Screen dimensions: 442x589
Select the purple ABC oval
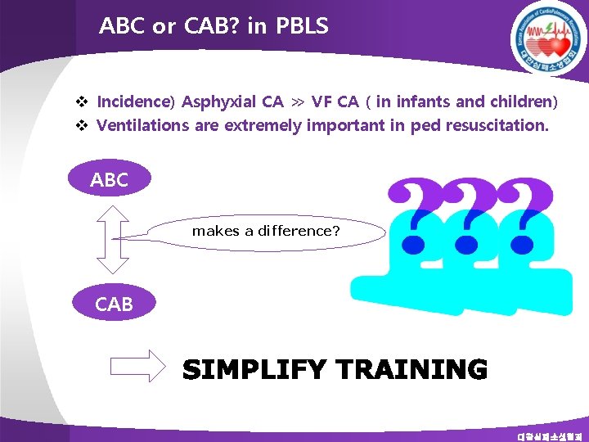click(110, 180)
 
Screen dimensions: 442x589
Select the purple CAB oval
click(114, 304)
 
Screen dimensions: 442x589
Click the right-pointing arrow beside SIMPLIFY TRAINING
click(138, 367)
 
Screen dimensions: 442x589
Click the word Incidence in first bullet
click(133, 102)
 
